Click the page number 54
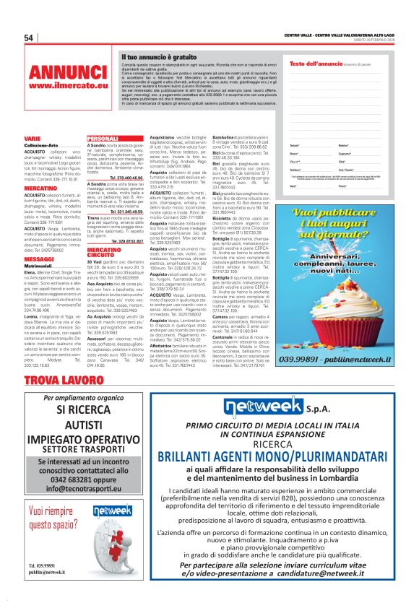pyautogui.click(x=29, y=38)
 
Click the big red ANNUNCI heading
pyautogui.click(x=59, y=72)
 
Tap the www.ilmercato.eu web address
pyautogui.click(x=59, y=86)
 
